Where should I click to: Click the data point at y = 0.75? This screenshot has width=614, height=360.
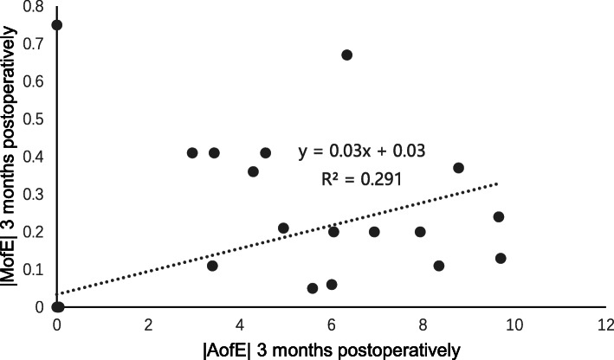[57, 25]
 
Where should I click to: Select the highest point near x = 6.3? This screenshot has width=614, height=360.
[346, 55]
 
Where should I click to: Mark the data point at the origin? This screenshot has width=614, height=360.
[57, 307]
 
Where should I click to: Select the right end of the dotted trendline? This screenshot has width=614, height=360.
[500, 183]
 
